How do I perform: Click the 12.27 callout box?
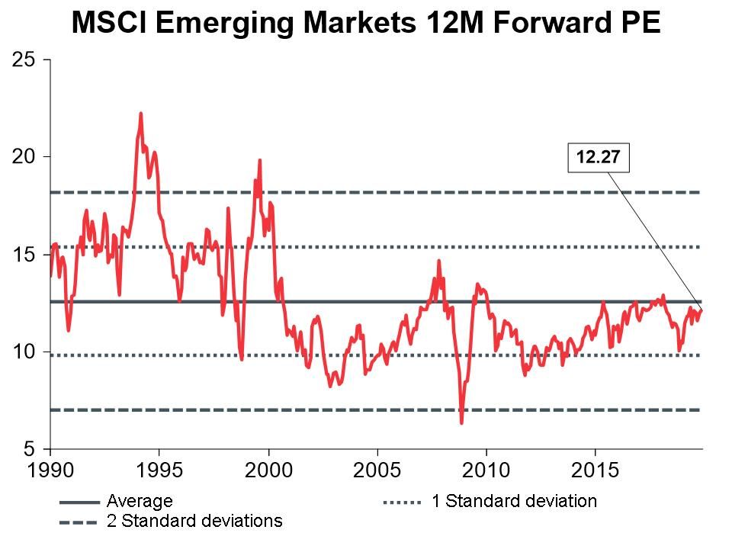click(x=598, y=158)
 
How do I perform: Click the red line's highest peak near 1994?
click(x=141, y=114)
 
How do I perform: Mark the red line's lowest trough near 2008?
click(x=462, y=422)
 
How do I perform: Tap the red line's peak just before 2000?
click(x=260, y=160)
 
